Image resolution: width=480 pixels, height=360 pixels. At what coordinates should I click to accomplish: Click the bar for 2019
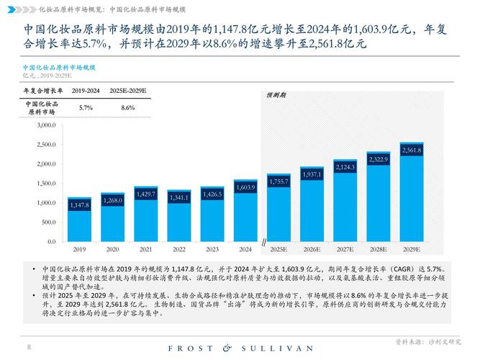pos(80,220)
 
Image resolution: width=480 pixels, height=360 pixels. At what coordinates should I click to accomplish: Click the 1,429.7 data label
pos(146,194)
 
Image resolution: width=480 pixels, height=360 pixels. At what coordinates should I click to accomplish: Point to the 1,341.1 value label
pos(179,197)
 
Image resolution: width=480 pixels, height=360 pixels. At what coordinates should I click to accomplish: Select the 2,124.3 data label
pos(345,167)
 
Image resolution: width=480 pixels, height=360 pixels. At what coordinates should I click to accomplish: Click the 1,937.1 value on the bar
pos(312,174)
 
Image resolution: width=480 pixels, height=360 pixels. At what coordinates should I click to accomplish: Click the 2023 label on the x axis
pos(212,249)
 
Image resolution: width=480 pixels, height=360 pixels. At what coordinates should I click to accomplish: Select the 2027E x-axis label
pos(345,249)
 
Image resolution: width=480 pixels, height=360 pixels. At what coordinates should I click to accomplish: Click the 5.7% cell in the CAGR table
pos(86,107)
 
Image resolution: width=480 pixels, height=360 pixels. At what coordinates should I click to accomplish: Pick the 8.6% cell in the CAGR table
pos(128,107)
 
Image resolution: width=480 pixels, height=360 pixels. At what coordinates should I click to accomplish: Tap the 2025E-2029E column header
pos(128,91)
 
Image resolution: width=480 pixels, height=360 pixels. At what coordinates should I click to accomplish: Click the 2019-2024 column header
pos(86,91)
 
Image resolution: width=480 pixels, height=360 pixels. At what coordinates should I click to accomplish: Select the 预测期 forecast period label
pos(276,95)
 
